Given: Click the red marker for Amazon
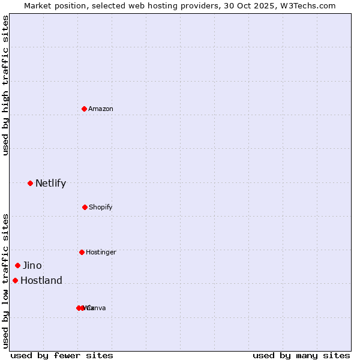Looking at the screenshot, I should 85,109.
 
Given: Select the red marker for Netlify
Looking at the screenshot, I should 30,183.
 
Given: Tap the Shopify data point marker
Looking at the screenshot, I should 85,207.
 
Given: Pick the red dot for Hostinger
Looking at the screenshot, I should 82,252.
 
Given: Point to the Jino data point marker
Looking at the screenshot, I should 17,265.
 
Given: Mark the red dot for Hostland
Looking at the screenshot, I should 15,280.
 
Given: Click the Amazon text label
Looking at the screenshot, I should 101,109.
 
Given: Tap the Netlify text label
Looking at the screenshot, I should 50,183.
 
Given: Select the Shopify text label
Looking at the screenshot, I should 101,207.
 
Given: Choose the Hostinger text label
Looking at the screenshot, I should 101,252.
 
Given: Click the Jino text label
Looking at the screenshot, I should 32,265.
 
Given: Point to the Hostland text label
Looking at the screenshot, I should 41,280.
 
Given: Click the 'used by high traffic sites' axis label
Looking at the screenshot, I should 5,85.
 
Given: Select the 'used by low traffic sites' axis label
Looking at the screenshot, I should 5,281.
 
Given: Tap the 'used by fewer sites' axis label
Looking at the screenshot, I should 62,355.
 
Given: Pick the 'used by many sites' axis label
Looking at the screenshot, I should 301,355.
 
